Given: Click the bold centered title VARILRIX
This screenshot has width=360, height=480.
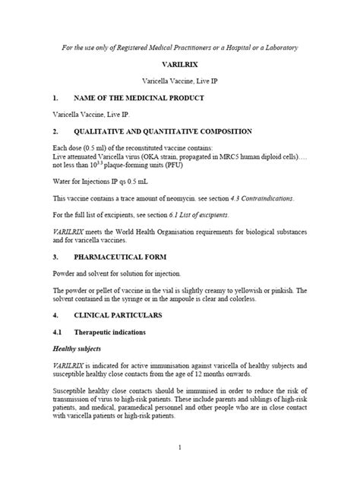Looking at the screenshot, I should pyautogui.click(x=179, y=67).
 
